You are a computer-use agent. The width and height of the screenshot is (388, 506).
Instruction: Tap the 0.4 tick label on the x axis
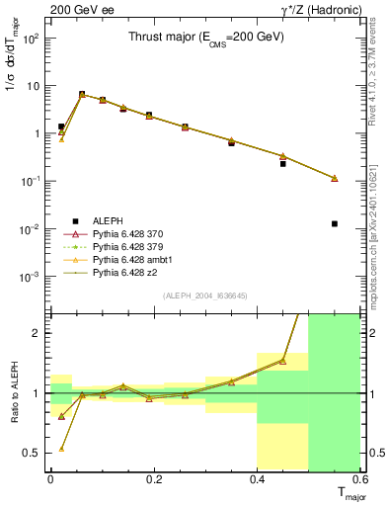pos(257,479)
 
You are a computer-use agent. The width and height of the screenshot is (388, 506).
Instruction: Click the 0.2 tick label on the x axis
pos(153,479)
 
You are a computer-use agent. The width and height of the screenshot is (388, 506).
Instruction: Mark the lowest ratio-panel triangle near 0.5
pos(61,448)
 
